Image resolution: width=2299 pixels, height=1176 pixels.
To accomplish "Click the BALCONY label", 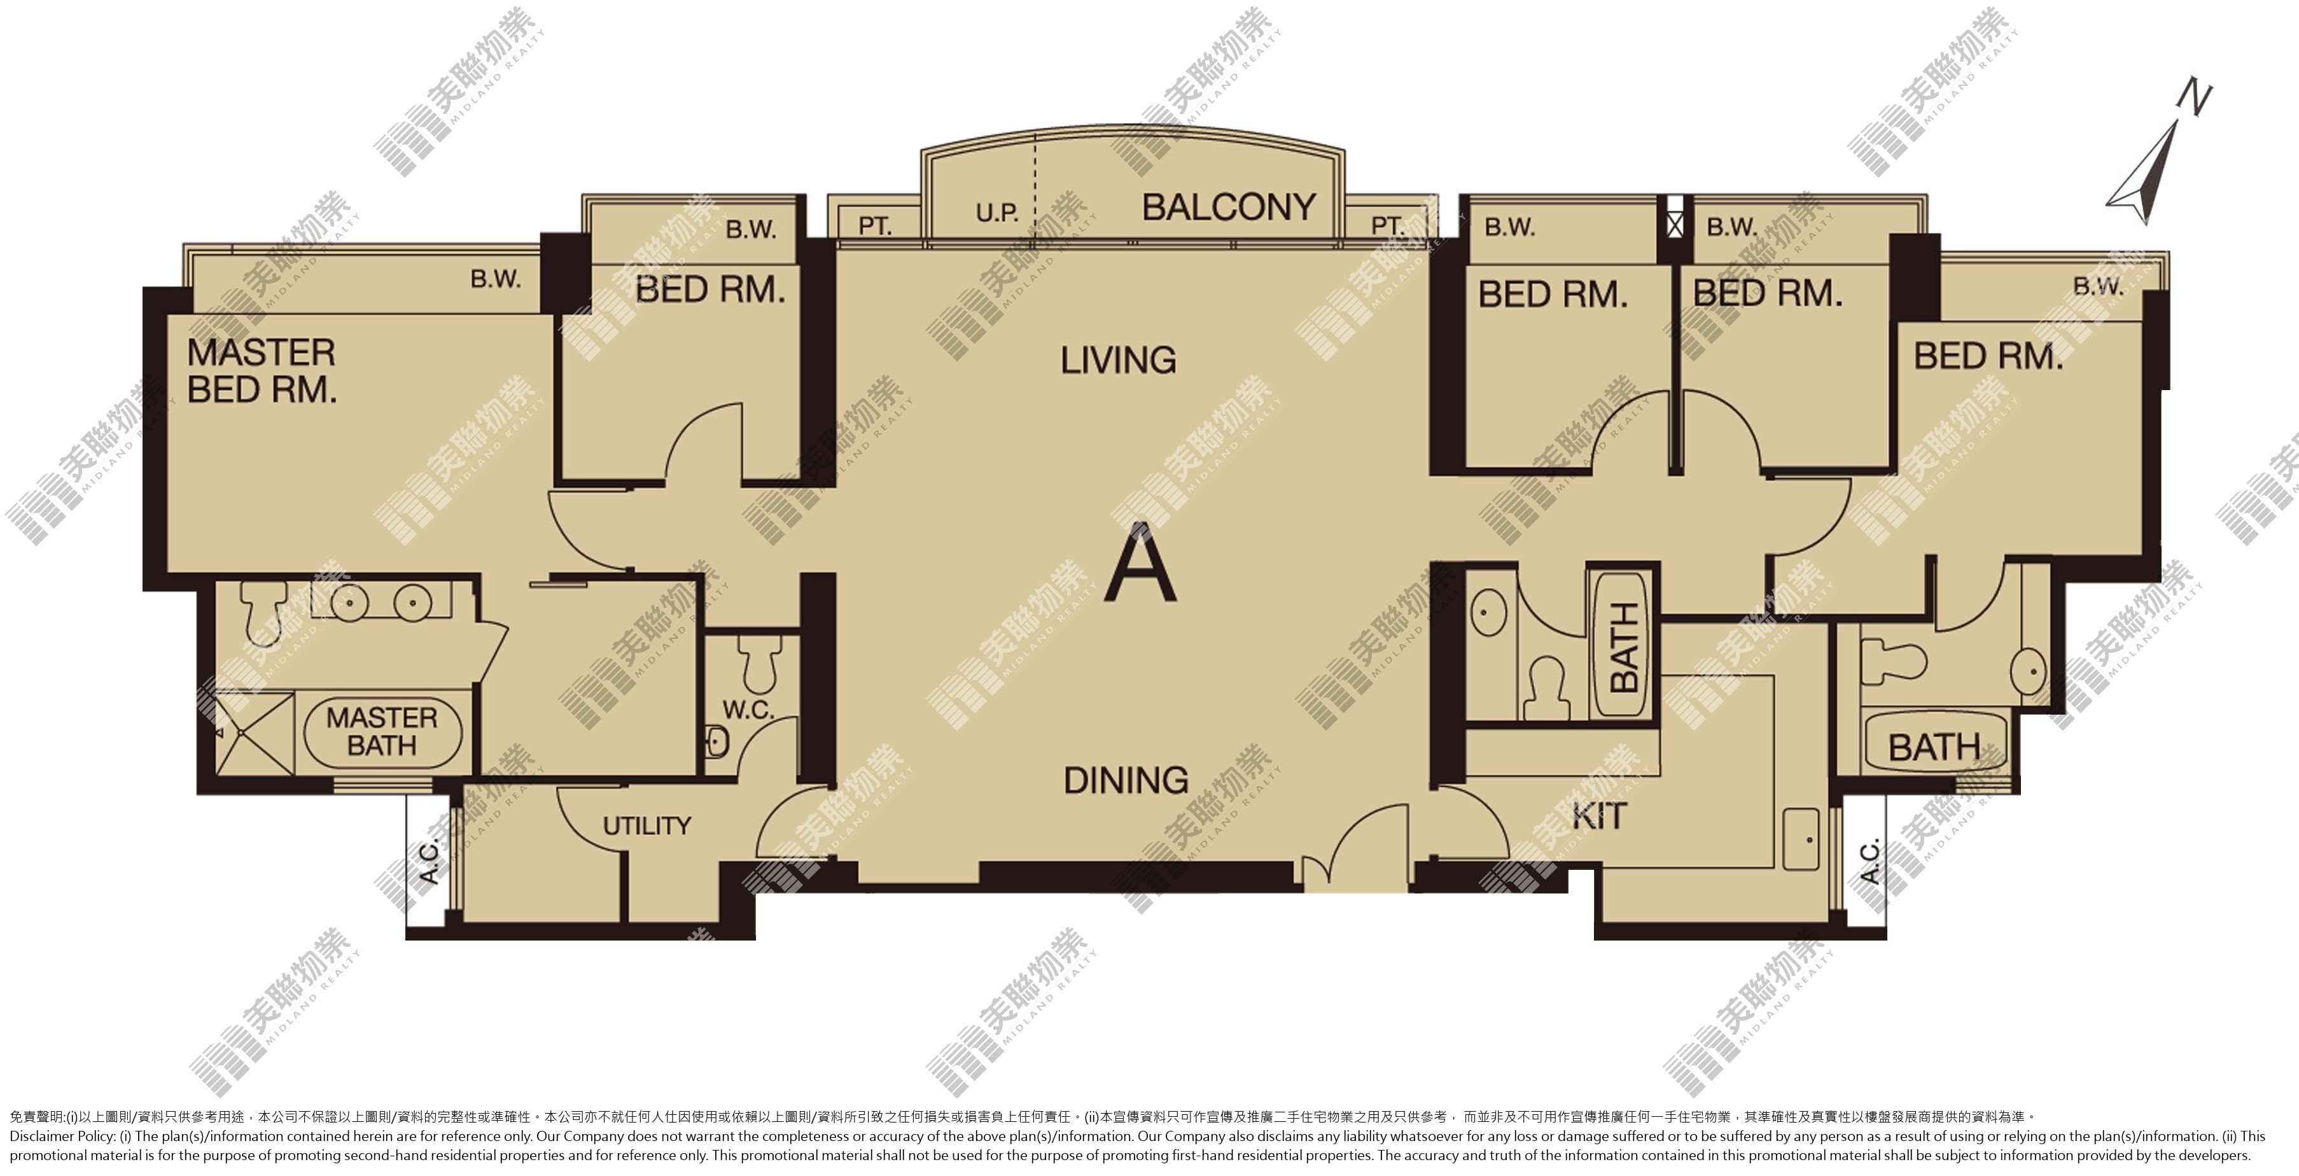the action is click(x=1229, y=208).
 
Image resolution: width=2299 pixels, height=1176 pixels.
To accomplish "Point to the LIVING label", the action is click(x=1118, y=360).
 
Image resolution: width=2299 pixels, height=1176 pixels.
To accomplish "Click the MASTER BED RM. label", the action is click(x=262, y=371).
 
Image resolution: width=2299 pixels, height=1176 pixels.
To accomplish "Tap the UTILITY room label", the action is click(x=647, y=826).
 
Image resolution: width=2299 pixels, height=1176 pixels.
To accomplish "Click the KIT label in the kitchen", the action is click(x=1599, y=816).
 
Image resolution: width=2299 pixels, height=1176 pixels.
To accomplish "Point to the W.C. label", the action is click(x=748, y=710).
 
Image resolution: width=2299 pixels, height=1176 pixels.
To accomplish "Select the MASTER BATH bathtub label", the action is click(x=382, y=732).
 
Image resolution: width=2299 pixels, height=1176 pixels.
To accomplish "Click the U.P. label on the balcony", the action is click(x=997, y=213).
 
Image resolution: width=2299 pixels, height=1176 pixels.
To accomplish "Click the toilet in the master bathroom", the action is click(x=263, y=606).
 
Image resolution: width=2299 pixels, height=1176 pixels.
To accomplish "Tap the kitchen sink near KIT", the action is click(x=1801, y=839).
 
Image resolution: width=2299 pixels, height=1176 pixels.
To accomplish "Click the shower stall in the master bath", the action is click(x=255, y=732).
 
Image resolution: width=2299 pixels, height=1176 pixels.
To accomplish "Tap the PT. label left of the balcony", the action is click(x=875, y=227).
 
